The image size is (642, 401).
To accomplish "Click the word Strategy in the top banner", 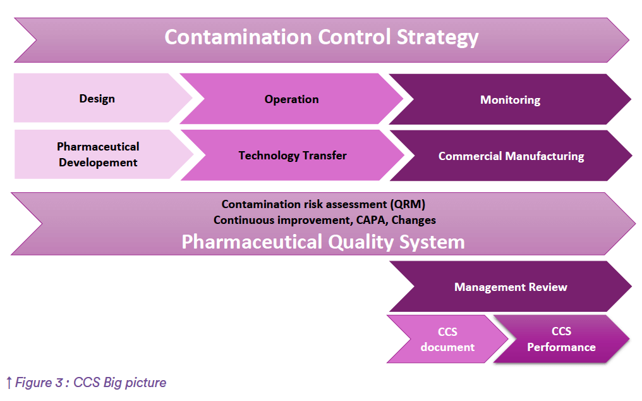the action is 437,38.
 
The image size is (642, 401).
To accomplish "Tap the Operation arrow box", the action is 291,99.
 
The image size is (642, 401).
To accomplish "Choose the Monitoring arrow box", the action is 510,99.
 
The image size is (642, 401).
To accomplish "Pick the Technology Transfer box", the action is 293,156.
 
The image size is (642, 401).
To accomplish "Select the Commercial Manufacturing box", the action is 511,156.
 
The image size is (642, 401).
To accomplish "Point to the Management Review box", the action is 511,287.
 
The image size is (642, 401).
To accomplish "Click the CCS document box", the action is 447,339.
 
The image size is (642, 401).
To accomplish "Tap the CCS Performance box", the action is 561,339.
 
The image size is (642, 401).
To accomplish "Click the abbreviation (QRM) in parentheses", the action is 408,204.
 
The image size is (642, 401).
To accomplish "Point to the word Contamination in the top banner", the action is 238,37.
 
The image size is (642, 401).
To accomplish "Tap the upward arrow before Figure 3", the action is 9,383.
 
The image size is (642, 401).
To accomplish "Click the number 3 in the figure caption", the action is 59,383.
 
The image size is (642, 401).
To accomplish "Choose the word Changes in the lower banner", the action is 413,220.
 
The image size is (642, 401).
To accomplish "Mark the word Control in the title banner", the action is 354,37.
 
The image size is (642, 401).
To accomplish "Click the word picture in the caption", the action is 146,383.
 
